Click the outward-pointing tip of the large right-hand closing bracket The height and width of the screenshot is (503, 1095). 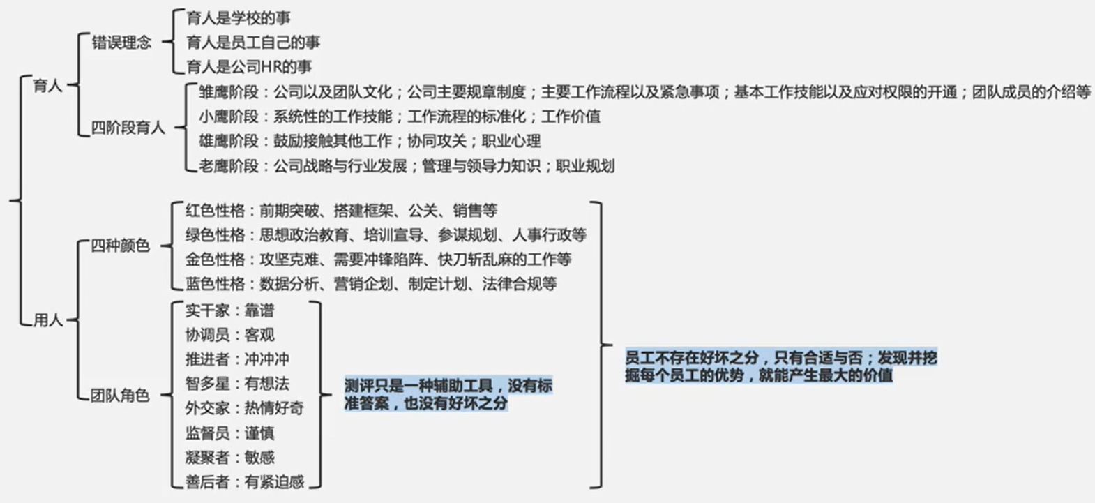click(x=612, y=345)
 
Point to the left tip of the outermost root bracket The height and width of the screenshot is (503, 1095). click(x=9, y=200)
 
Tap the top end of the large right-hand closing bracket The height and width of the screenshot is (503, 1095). click(x=591, y=202)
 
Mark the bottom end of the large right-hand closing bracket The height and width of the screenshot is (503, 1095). click(x=591, y=488)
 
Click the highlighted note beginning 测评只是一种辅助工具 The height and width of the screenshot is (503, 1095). click(x=448, y=394)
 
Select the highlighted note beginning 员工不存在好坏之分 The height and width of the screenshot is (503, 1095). click(x=781, y=366)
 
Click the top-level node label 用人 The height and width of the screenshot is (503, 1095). click(x=48, y=320)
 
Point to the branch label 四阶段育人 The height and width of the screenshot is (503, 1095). click(x=128, y=128)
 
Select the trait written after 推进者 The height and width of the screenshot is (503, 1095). click(x=267, y=359)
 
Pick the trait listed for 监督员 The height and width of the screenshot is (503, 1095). click(x=259, y=433)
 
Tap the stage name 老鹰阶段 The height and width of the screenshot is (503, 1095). click(x=228, y=166)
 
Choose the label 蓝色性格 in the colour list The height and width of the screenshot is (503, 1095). click(x=215, y=284)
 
